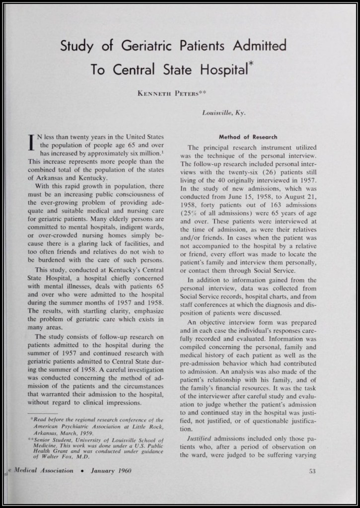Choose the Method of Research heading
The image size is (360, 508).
pyautogui.click(x=248, y=137)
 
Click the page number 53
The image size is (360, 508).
pyautogui.click(x=312, y=471)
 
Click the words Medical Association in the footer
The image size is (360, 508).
pyautogui.click(x=43, y=471)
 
